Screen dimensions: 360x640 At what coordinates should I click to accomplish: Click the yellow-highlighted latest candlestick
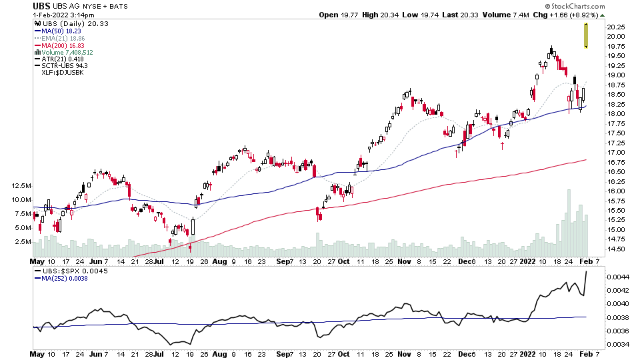pyautogui.click(x=585, y=35)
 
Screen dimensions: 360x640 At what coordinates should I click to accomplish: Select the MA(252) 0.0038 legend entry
pyautogui.click(x=63, y=278)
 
